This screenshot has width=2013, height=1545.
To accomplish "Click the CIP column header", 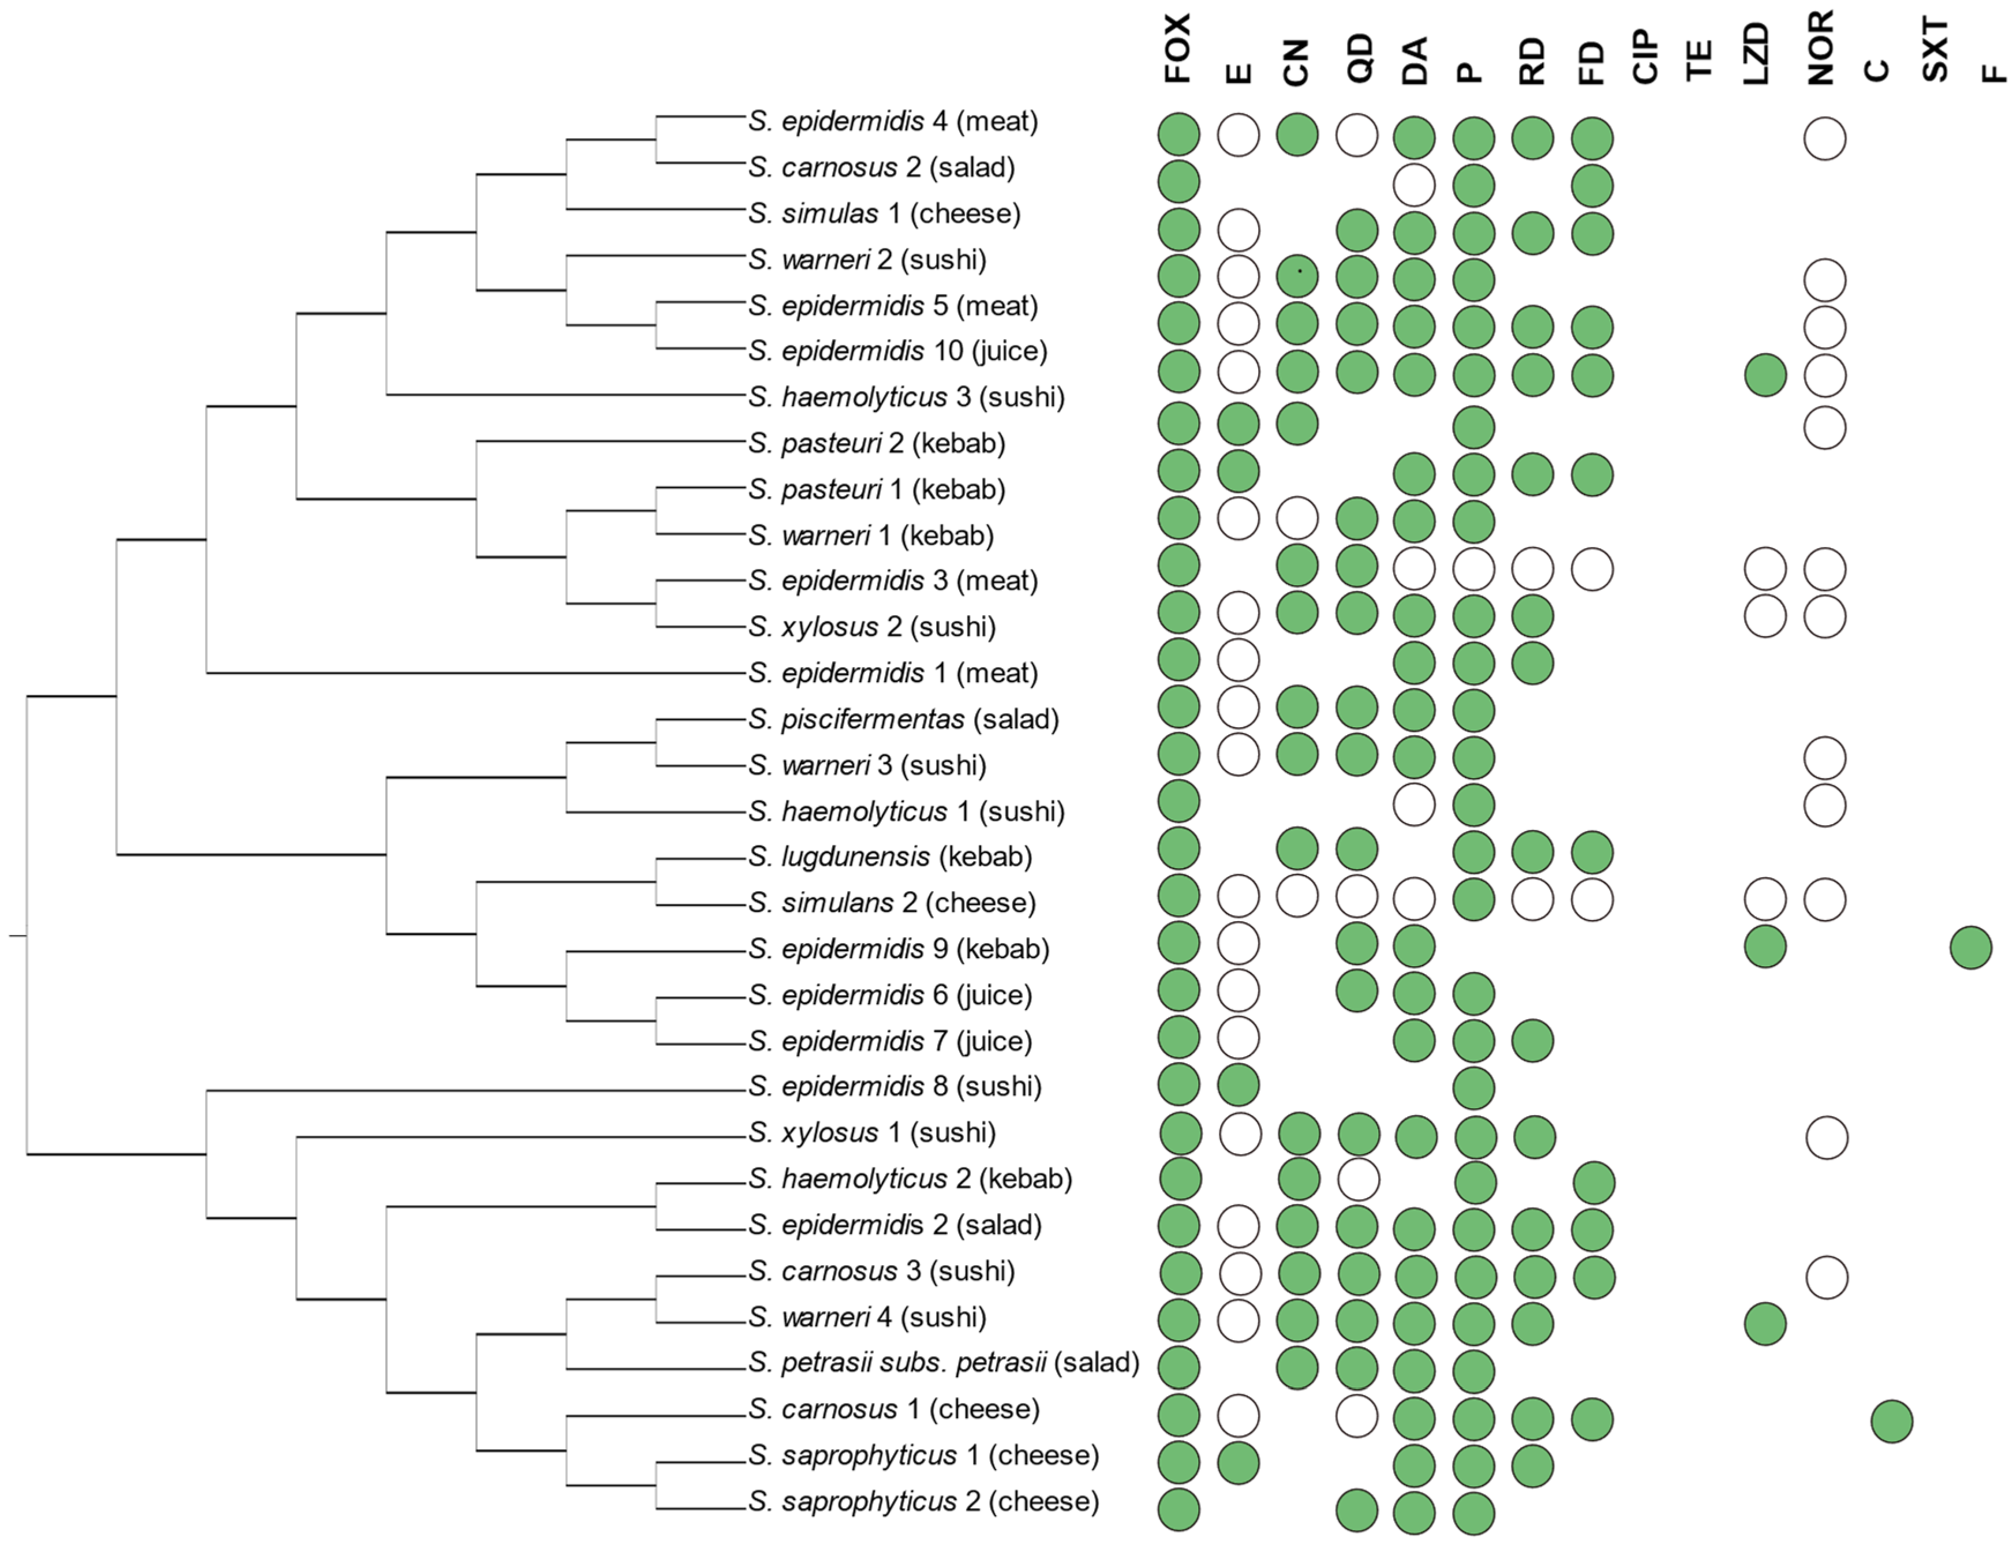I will (1645, 57).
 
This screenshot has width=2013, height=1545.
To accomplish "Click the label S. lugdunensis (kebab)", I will (889, 856).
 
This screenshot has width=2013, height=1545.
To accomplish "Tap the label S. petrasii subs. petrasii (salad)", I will (944, 1362).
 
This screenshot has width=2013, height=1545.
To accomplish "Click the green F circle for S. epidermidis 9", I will (1971, 947).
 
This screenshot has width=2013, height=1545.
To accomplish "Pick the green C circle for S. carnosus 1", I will (1892, 1421).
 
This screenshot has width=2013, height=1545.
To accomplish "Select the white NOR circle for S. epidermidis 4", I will (1824, 139).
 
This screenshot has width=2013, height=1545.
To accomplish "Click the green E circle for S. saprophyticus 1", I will (1238, 1463).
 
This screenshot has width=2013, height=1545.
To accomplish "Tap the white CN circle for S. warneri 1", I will (1297, 519).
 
